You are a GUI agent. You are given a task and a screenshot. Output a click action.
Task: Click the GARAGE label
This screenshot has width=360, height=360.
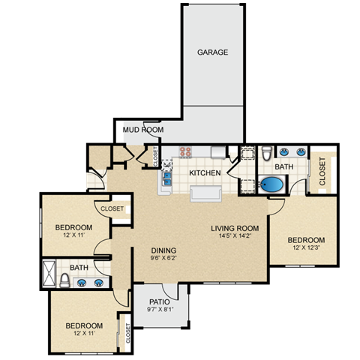[x=212, y=52]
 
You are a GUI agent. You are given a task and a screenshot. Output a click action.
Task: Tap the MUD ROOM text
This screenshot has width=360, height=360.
[x=143, y=130]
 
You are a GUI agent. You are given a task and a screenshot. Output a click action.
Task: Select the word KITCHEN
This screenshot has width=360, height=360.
[x=205, y=173]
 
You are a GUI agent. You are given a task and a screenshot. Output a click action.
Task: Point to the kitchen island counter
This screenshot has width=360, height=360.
[x=205, y=194]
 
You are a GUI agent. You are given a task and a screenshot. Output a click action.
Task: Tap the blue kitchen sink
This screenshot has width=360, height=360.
[x=166, y=178]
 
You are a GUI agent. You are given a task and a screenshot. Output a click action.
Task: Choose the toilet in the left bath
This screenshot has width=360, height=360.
[x=66, y=282]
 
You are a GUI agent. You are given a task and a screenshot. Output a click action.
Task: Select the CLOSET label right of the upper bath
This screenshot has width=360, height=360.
[x=322, y=172]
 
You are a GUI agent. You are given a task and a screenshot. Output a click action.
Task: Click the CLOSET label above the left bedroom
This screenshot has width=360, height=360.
[x=112, y=209]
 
